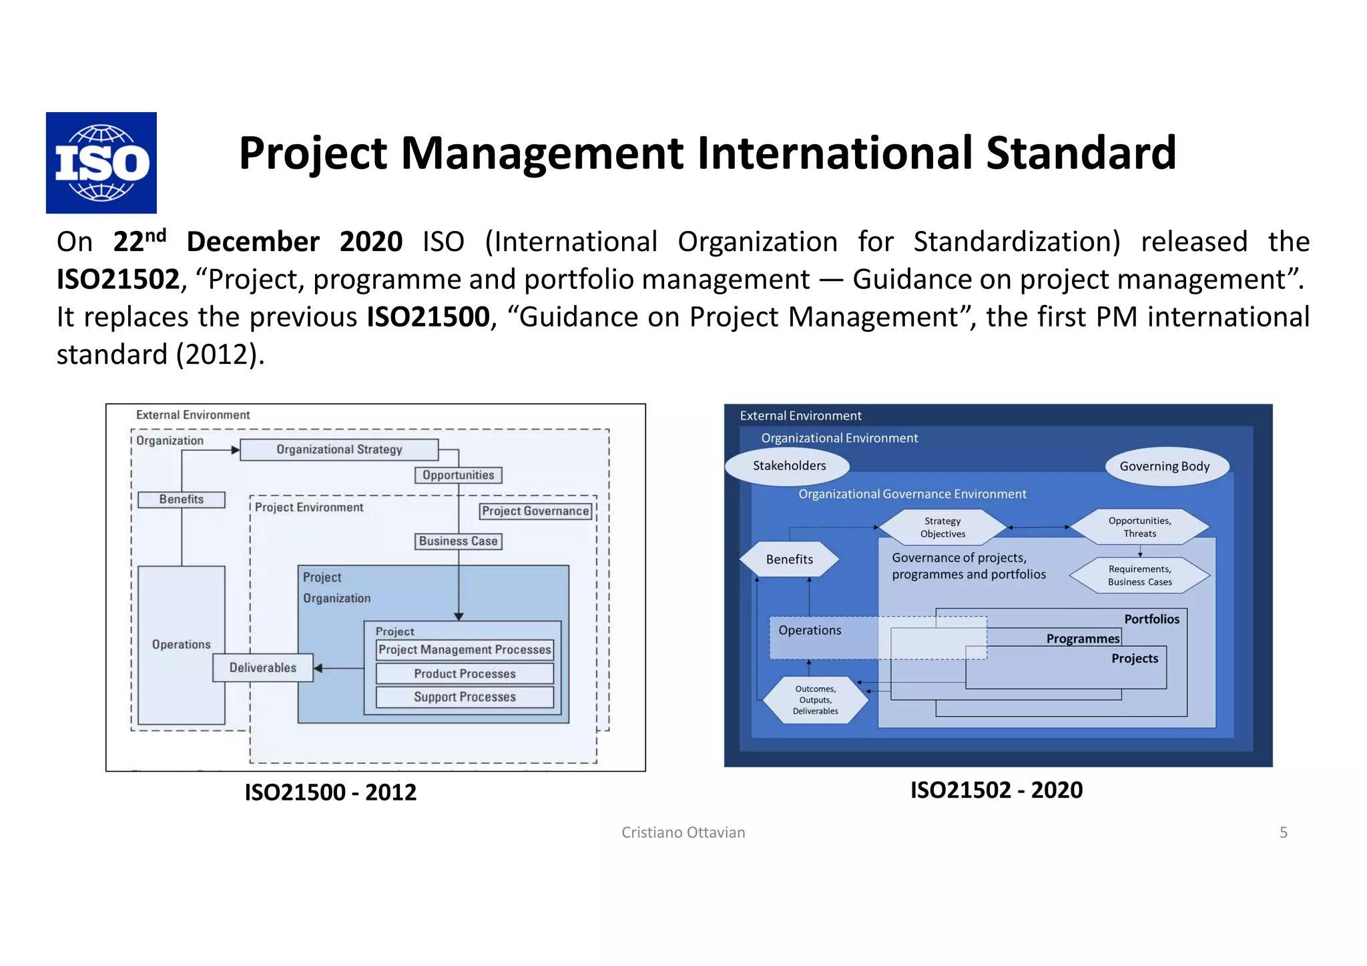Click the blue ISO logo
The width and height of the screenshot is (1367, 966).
click(x=101, y=162)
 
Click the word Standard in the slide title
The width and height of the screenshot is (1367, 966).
click(x=1081, y=153)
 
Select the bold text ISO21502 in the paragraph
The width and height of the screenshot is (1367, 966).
click(x=118, y=279)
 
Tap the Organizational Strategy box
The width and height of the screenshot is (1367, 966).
click(x=339, y=449)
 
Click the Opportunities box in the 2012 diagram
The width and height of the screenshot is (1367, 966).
click(x=459, y=475)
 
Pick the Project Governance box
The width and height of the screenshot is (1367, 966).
click(x=535, y=511)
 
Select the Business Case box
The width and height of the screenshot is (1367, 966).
click(x=459, y=541)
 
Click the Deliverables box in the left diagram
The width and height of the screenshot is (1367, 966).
click(x=262, y=668)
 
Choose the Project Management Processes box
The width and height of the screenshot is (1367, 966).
click(x=465, y=650)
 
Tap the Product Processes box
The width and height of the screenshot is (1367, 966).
click(x=465, y=674)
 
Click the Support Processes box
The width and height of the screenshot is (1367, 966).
click(x=465, y=697)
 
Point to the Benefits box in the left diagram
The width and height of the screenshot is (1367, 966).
click(x=181, y=499)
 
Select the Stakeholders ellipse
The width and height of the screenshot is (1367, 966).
click(x=788, y=466)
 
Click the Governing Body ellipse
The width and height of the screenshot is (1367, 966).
click(x=1164, y=467)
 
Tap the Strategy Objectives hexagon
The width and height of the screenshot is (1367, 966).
click(x=942, y=527)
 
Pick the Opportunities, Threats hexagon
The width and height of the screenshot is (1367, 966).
click(x=1139, y=527)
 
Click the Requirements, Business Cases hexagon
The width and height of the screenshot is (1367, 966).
click(x=1139, y=575)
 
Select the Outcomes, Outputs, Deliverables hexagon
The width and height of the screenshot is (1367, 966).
click(x=815, y=700)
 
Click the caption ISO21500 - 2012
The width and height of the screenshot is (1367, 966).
click(x=330, y=792)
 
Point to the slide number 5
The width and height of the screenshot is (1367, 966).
click(x=1283, y=832)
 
